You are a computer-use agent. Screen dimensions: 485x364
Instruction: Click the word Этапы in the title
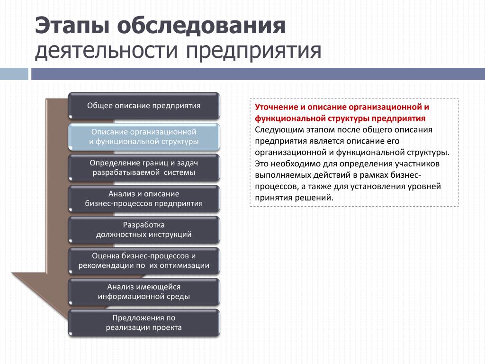72,26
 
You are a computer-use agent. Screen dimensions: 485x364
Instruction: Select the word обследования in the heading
201,26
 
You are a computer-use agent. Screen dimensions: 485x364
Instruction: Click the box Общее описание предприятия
144,106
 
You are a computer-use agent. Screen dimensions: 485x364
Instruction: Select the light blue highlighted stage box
144,137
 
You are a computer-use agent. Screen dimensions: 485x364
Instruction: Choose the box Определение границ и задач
144,168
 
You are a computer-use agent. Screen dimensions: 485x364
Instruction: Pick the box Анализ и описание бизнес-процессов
144,199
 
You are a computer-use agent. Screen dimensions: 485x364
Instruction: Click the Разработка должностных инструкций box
144,230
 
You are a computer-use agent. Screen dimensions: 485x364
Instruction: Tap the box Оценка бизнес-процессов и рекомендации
144,261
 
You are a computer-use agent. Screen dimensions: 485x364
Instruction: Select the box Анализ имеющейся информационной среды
144,291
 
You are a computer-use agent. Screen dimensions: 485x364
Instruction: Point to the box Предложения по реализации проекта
144,322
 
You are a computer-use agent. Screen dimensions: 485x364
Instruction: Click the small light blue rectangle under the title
14,74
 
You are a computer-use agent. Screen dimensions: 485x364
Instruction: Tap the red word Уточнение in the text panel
276,107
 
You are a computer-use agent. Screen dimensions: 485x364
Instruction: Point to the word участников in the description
417,164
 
